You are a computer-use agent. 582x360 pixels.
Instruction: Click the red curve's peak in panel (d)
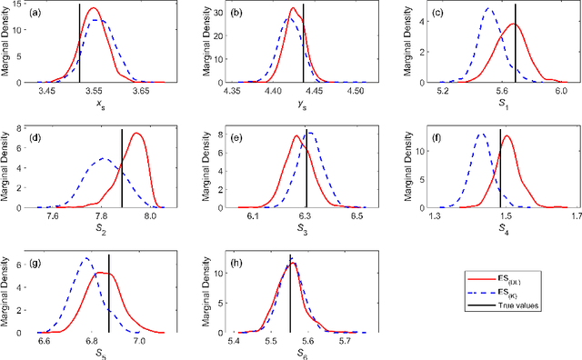[x=137, y=134]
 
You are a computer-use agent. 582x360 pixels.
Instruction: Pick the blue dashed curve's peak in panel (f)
[x=480, y=135]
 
